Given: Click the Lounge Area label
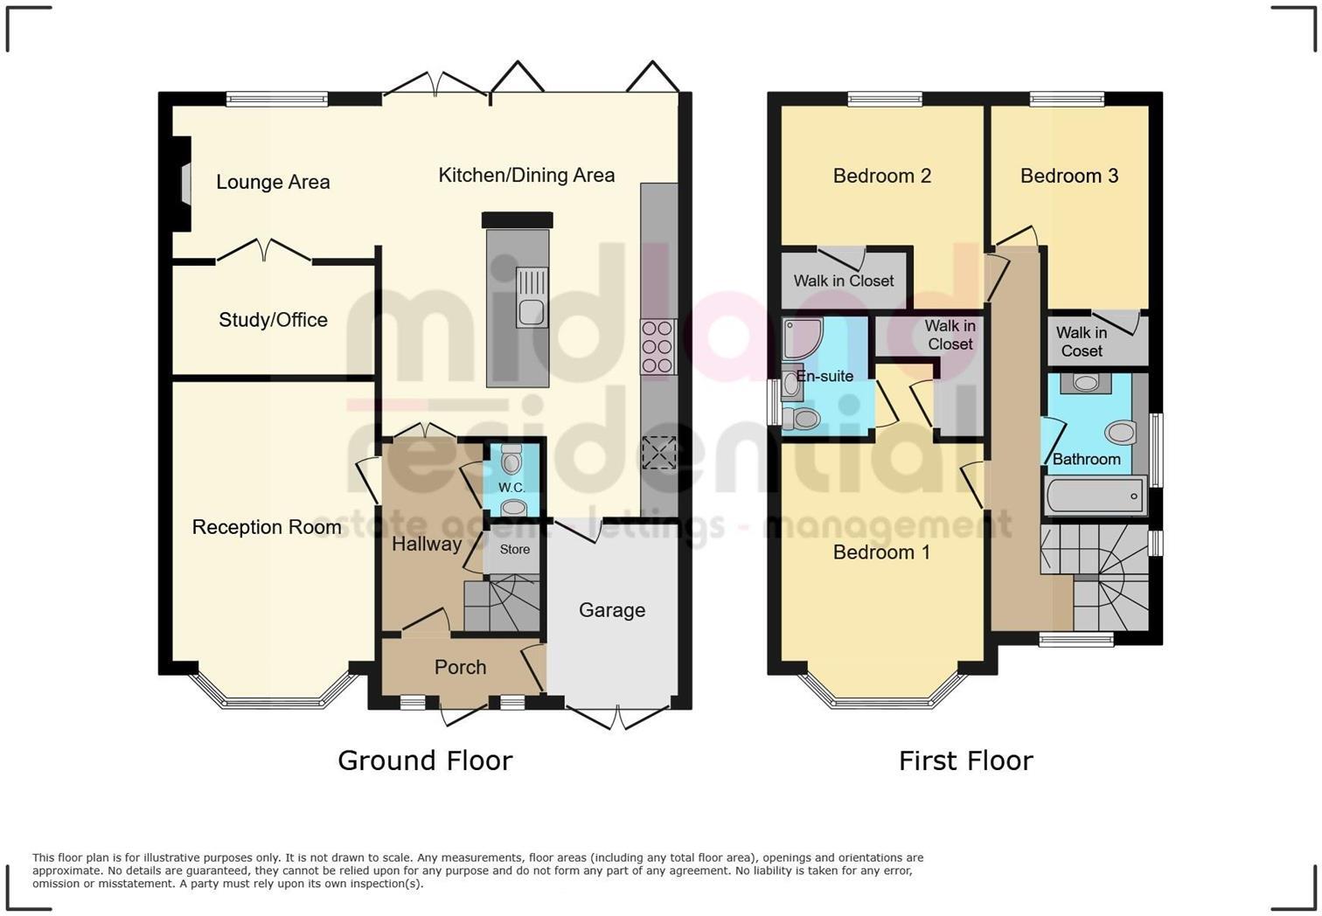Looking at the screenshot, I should pyautogui.click(x=273, y=182).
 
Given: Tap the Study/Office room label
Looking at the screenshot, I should pyautogui.click(x=273, y=320).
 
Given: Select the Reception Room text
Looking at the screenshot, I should pyautogui.click(x=267, y=527).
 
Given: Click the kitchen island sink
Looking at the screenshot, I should pyautogui.click(x=532, y=298).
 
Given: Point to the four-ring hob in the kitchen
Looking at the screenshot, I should pyautogui.click(x=658, y=347).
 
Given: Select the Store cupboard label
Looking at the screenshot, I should pyautogui.click(x=514, y=549).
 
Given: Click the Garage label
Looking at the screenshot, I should pyautogui.click(x=612, y=610).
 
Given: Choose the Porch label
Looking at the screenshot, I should pyautogui.click(x=460, y=667).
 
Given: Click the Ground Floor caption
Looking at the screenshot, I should pyautogui.click(x=425, y=760).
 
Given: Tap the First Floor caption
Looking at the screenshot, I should pyautogui.click(x=965, y=760).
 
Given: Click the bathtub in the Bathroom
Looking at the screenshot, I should pyautogui.click(x=1095, y=496).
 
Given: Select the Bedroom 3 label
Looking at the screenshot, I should pyautogui.click(x=1068, y=176).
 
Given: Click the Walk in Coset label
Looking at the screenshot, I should pyautogui.click(x=1082, y=342).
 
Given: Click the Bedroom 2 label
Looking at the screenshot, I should pyautogui.click(x=881, y=176).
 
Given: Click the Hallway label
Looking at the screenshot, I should pyautogui.click(x=426, y=544).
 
